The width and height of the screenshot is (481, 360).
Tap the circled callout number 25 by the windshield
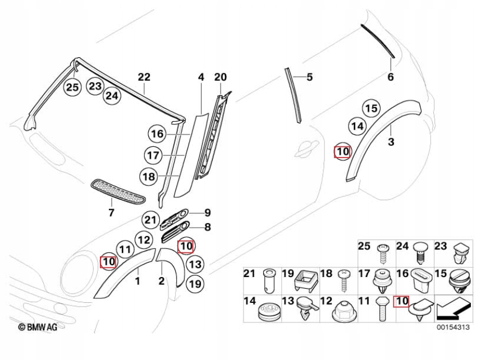(x=72, y=87)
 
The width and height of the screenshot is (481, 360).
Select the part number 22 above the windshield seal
(x=144, y=77)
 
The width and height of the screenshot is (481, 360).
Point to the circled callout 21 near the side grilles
(x=150, y=219)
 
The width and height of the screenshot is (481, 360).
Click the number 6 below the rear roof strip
(x=391, y=77)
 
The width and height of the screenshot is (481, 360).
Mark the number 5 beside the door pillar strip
(x=309, y=77)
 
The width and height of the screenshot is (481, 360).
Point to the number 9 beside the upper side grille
(x=207, y=213)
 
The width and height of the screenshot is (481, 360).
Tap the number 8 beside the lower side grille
(x=207, y=227)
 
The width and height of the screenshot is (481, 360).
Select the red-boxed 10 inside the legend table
(x=402, y=302)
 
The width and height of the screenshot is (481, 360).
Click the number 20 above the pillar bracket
(x=220, y=77)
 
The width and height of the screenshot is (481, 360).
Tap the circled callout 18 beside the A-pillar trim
(x=149, y=177)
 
